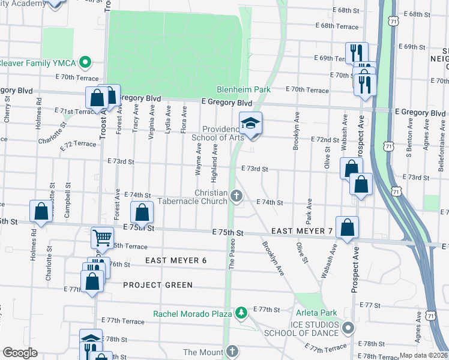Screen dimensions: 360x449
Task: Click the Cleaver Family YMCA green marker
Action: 85,61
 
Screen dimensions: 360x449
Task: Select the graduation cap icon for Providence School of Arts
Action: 250,124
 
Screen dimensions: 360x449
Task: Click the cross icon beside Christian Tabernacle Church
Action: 237,195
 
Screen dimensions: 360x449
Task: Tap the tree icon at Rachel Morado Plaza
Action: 241,313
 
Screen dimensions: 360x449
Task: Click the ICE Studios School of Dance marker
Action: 347,328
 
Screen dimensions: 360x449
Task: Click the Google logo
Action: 20,352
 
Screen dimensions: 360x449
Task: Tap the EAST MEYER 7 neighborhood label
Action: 301,231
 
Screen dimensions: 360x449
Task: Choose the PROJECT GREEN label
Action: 158,285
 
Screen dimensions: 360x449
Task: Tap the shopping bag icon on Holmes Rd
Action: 40,212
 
